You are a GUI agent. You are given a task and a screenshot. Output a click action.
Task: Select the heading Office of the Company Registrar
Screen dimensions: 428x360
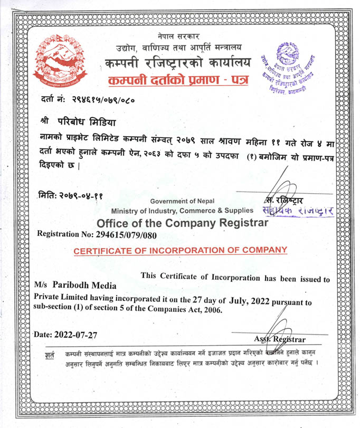tap(183, 223)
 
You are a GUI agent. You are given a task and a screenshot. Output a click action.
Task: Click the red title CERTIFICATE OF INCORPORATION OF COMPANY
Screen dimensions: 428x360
tap(181, 250)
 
